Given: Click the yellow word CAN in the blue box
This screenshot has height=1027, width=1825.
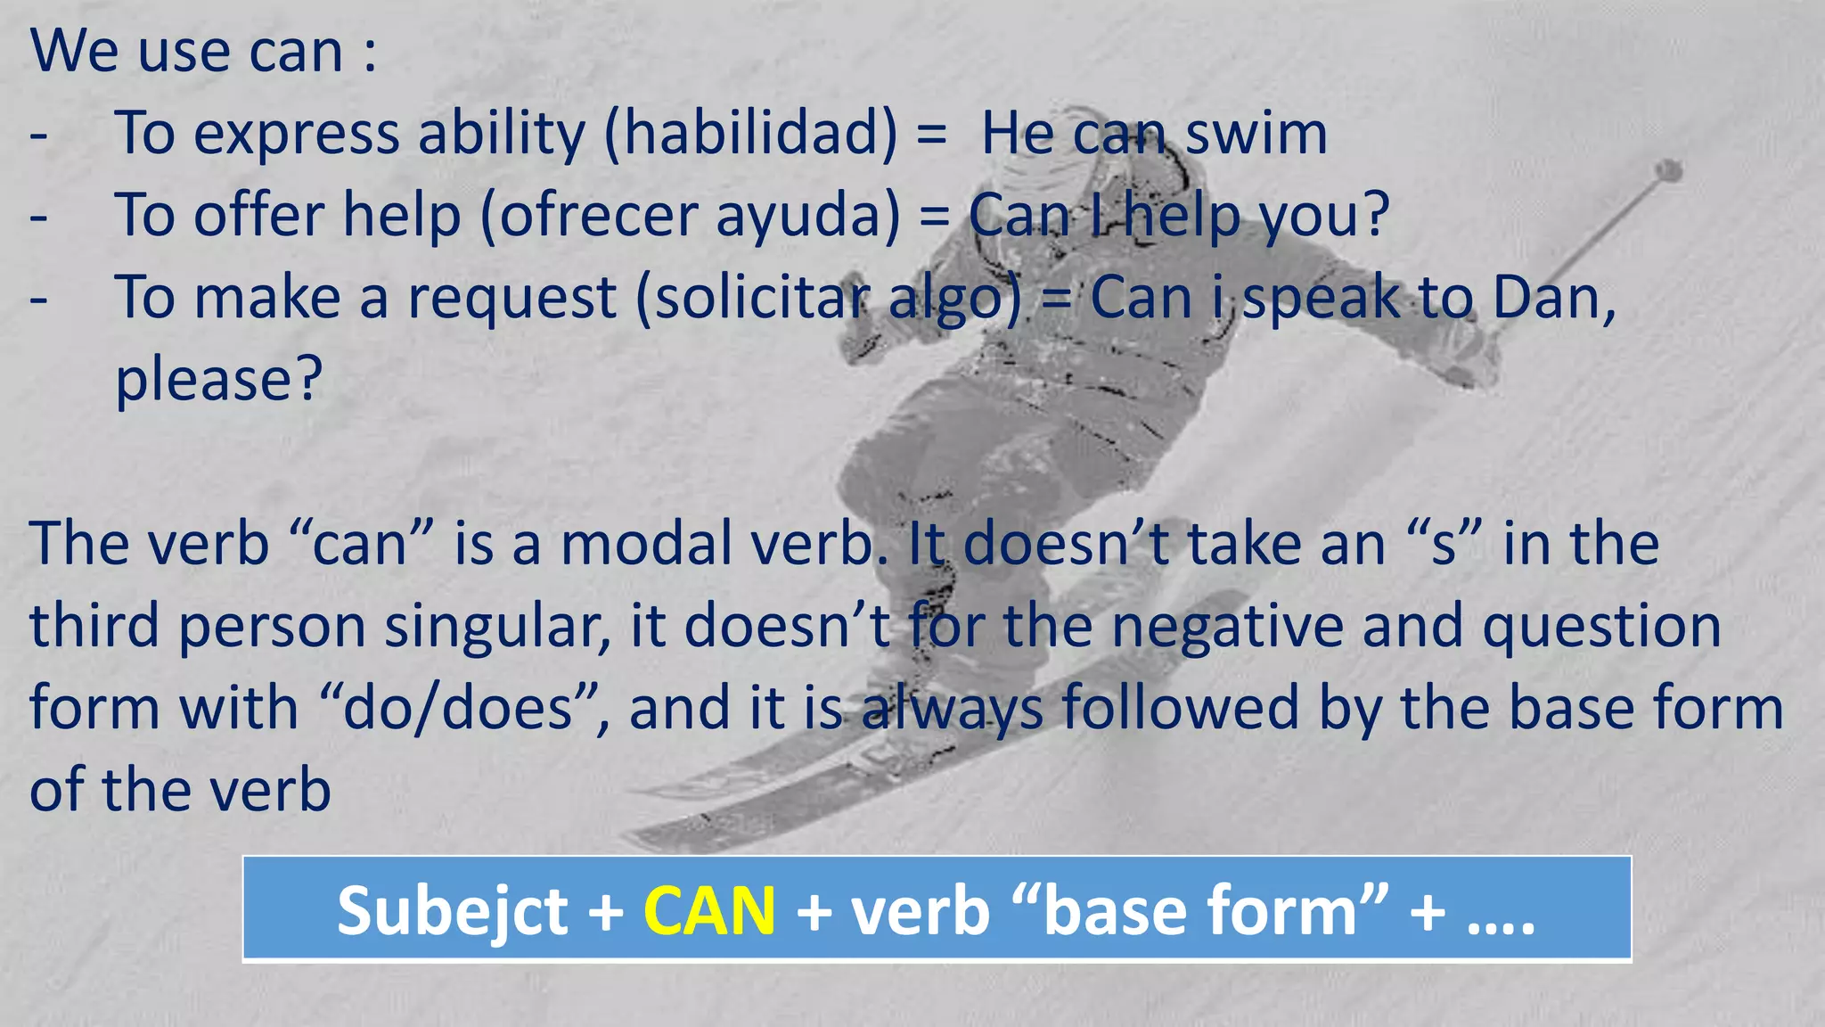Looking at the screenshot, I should (709, 911).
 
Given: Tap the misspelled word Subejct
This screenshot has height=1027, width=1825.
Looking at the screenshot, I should (452, 911).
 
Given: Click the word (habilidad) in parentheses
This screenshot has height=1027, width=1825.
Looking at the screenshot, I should (751, 134).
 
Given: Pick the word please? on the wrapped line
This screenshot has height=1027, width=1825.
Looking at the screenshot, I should (218, 380).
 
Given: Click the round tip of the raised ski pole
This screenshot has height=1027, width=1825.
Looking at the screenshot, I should (1668, 170).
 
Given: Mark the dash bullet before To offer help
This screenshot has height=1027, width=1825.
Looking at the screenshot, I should (38, 217).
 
